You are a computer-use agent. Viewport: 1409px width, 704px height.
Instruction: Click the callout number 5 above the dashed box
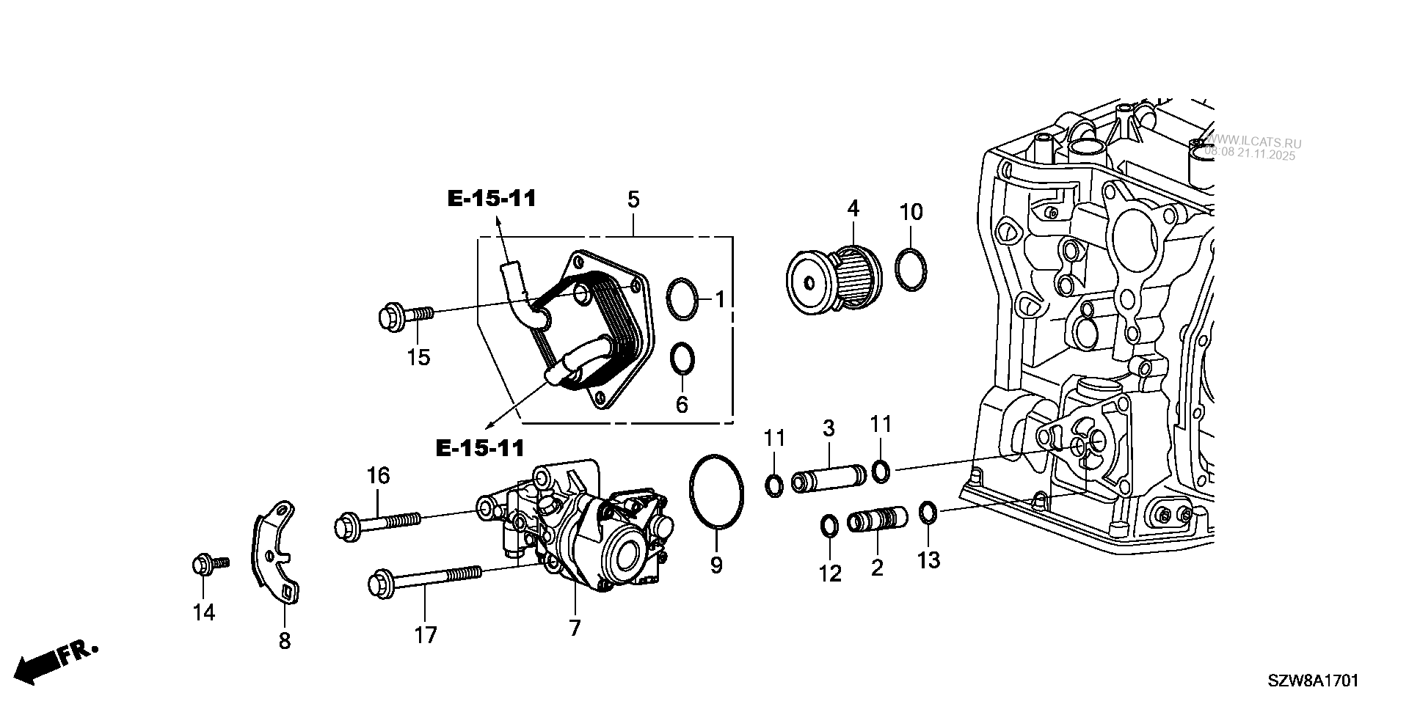click(x=633, y=199)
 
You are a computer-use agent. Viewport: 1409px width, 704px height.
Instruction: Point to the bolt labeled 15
click(x=405, y=318)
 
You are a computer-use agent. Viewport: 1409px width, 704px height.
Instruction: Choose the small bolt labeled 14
click(x=209, y=565)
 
